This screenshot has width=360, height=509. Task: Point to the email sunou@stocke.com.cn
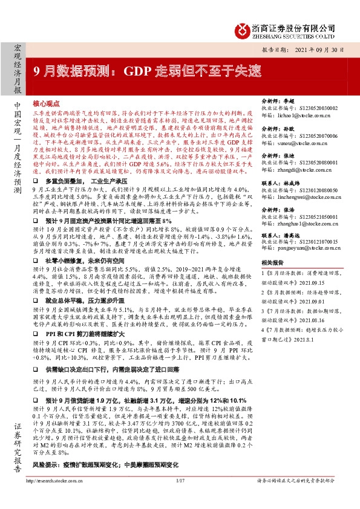pyautogui.click(x=287, y=144)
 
